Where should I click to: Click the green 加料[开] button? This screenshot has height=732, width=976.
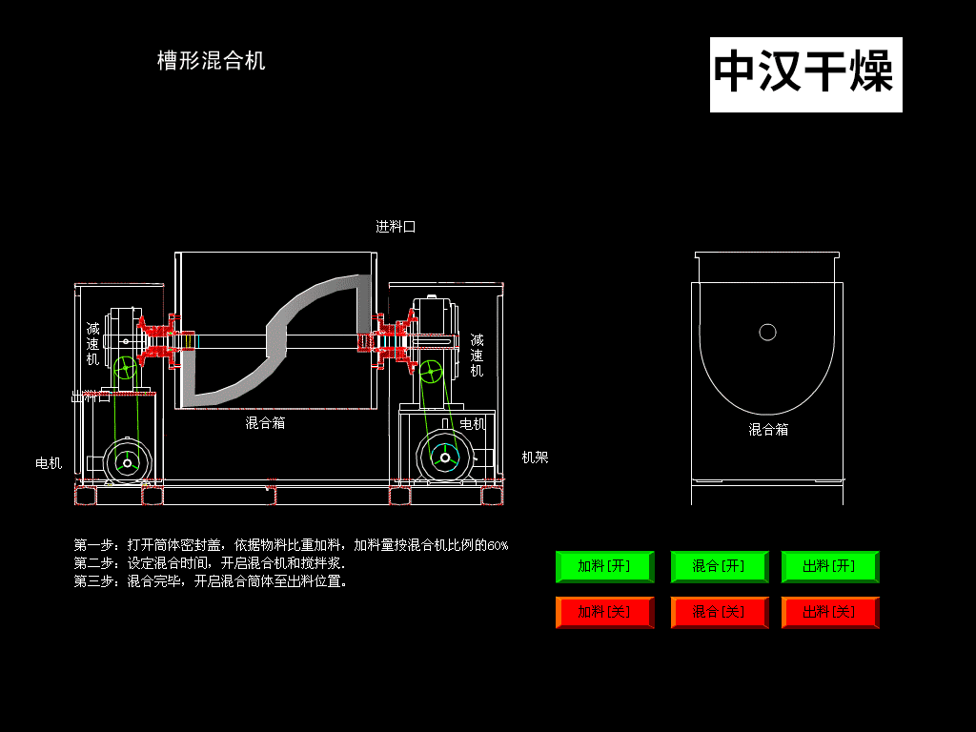pos(604,566)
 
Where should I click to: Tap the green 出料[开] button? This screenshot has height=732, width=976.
pos(829,566)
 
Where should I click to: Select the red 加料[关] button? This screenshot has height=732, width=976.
pos(604,612)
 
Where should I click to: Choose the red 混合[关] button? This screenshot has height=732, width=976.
pos(719,612)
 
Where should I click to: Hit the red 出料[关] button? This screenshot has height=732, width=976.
pos(829,612)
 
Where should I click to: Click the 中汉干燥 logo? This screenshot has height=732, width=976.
pos(805,73)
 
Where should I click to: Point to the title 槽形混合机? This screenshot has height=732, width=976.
pos(211,61)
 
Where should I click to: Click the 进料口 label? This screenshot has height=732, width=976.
pos(396,227)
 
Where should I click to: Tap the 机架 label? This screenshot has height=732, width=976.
pos(535,457)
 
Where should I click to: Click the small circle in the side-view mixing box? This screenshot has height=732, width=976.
pos(767,332)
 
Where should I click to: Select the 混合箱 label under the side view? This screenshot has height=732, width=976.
pos(768,430)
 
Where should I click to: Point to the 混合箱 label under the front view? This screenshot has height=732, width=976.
pos(265,422)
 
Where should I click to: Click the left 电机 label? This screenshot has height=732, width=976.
pos(49,463)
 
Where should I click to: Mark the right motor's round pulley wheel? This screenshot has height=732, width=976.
pos(445,457)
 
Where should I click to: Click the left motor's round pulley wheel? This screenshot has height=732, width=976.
pos(126,462)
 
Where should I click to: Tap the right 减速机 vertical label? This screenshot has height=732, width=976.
pos(477,355)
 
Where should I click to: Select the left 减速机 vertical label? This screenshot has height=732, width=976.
pos(92,344)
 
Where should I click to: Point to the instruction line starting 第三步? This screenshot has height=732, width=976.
pos(211,580)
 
